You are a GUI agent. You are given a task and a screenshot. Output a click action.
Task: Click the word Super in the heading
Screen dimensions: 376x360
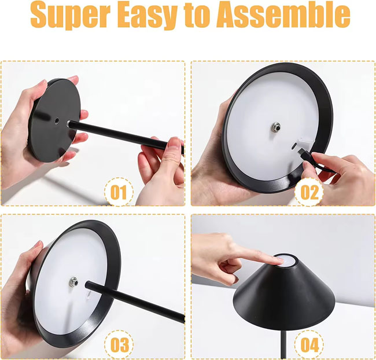point(71,16)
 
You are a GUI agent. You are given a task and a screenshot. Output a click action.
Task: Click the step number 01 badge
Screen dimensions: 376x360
point(119,192)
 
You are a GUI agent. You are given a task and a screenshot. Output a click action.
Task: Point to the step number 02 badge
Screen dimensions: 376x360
point(309,192)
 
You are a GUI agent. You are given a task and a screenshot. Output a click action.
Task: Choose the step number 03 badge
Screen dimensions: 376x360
point(119,345)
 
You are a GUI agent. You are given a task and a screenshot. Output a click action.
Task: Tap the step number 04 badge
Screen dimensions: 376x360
point(309,345)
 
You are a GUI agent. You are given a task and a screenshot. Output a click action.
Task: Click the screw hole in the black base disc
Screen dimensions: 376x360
point(57,121)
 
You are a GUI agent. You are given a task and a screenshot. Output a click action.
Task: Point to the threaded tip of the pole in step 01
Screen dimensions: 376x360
point(69,124)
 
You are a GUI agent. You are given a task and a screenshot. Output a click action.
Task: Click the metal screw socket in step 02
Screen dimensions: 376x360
point(277,127)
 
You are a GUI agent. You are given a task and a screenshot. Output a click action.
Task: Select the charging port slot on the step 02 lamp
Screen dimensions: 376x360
point(294,145)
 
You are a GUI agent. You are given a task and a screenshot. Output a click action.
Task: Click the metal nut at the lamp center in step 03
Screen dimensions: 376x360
point(73,282)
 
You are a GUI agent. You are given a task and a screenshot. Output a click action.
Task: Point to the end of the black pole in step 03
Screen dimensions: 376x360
point(88,284)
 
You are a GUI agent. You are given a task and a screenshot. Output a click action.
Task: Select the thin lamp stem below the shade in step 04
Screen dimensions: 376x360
point(283,345)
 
